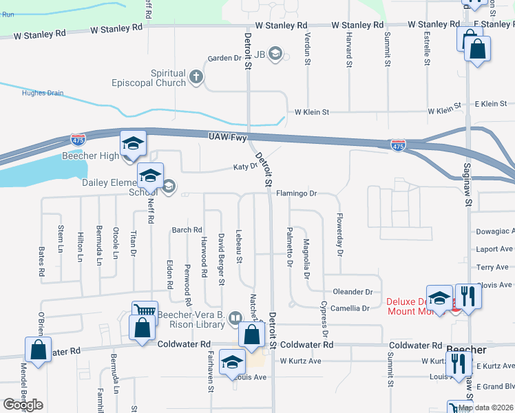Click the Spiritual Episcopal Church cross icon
tap(196, 76)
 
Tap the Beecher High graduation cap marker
tap(134, 143)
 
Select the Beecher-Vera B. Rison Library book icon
tap(235, 318)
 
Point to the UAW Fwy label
tap(227, 138)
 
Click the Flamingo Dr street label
tap(296, 194)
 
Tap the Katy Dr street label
tap(244, 167)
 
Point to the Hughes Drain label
tap(42, 94)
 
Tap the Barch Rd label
tap(187, 230)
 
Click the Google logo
tap(23, 405)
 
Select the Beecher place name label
tap(466, 349)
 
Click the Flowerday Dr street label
tap(339, 234)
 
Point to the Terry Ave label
tap(492, 267)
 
